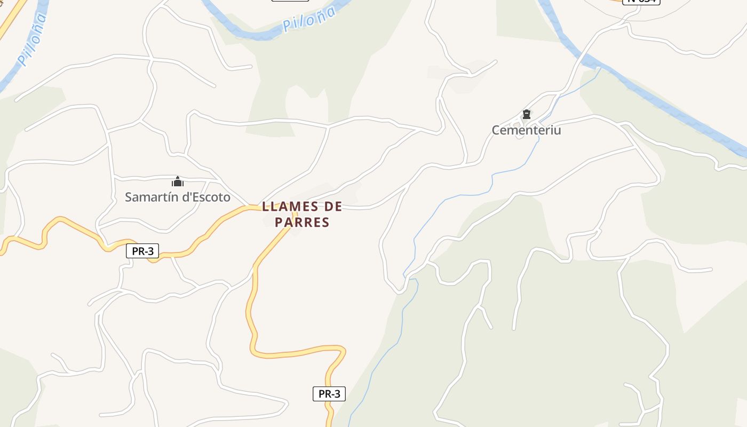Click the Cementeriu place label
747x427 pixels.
click(526, 130)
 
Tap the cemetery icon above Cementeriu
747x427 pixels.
click(527, 114)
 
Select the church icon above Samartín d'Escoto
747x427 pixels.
click(178, 181)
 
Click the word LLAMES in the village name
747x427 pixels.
click(291, 207)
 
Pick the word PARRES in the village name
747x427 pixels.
click(302, 222)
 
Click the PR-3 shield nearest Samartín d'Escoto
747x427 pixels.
click(142, 251)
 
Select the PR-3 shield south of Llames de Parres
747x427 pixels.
click(329, 394)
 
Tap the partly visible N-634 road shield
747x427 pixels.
click(641, 2)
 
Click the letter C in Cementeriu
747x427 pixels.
click(496, 130)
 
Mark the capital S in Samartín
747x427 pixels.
click(129, 197)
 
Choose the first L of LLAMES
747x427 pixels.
click(265, 207)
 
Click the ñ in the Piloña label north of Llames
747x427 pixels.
click(320, 14)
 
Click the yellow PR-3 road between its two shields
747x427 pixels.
click(251, 315)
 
